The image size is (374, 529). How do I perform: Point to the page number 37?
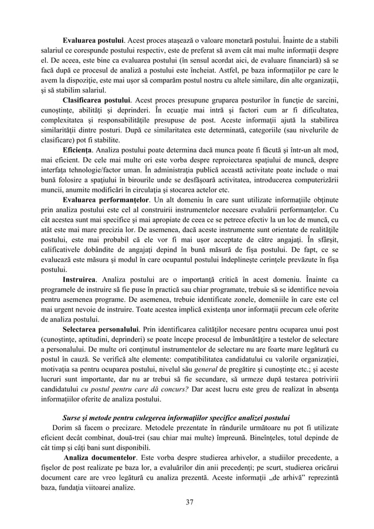coord(186,501)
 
